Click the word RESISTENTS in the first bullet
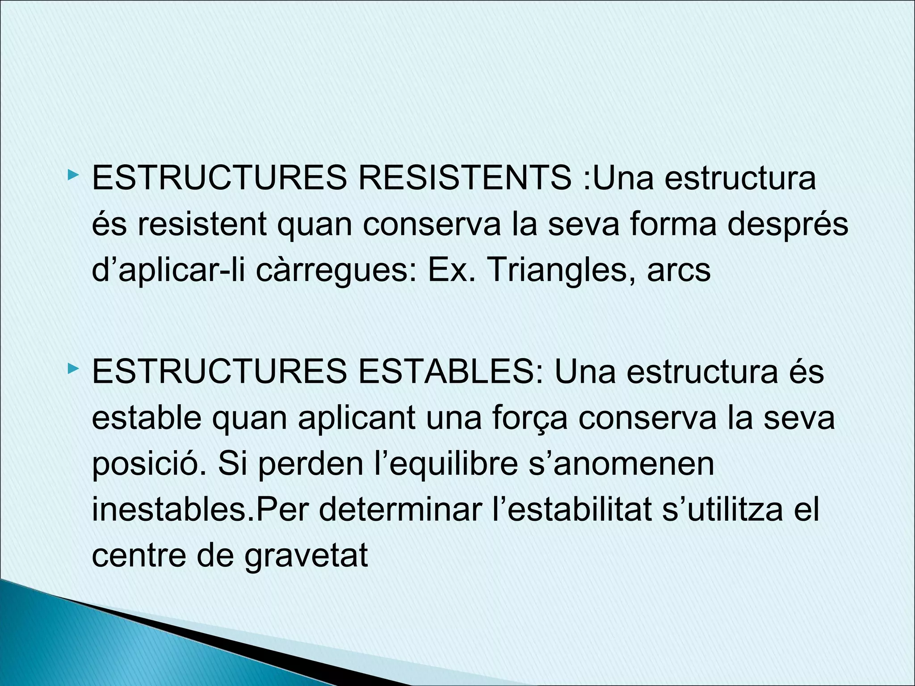point(465,178)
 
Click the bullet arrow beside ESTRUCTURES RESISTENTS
point(73,175)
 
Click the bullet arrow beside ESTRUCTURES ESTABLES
point(73,369)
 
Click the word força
point(530,418)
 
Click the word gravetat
point(306,556)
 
